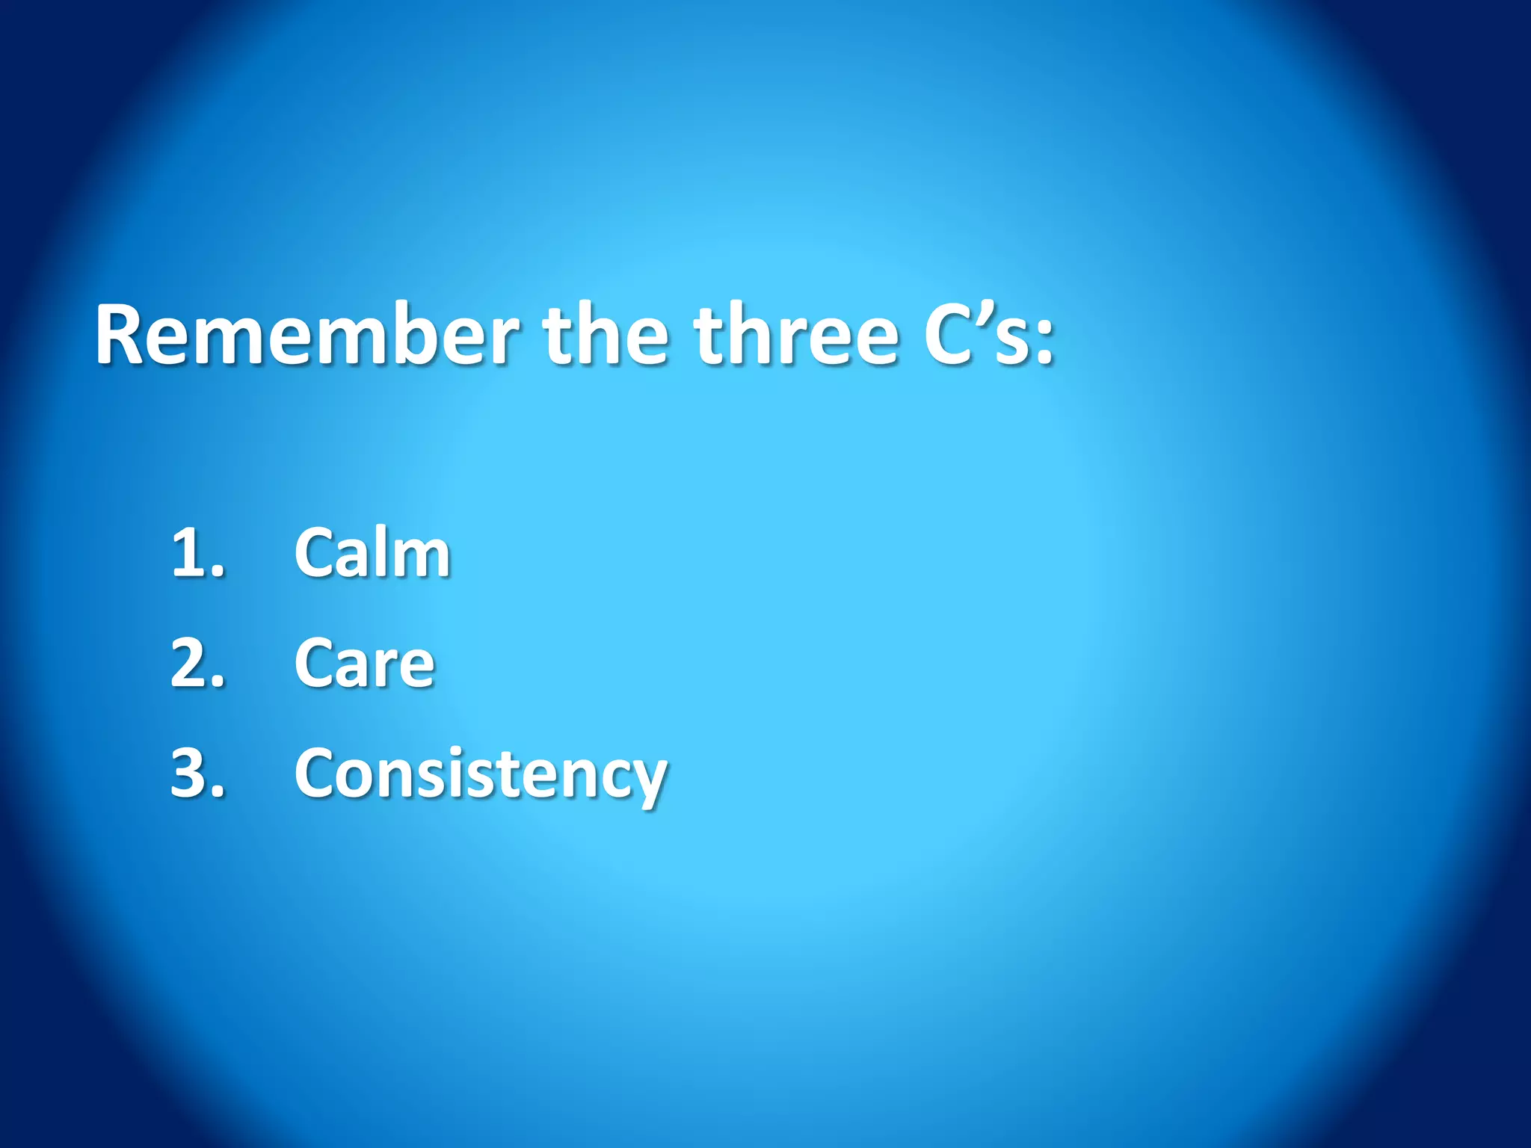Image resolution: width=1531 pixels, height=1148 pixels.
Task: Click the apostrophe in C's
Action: (x=981, y=314)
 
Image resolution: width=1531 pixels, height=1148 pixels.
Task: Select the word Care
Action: (x=364, y=663)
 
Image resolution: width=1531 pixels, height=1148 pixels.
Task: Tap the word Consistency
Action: (x=480, y=774)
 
